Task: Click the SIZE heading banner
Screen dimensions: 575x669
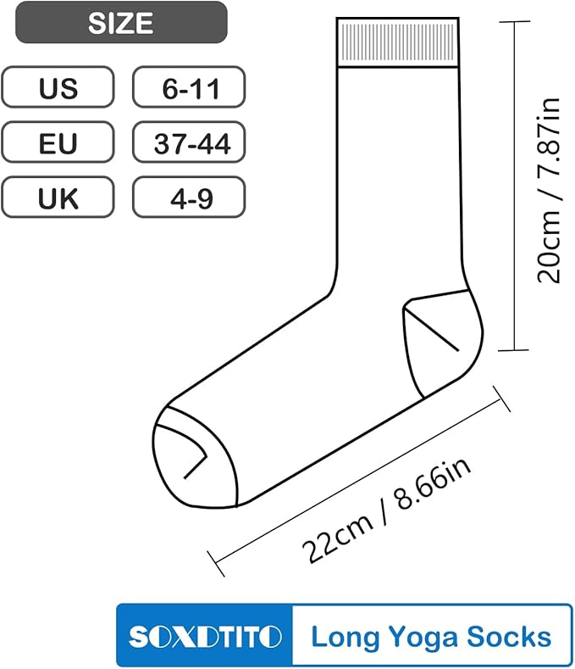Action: (121, 22)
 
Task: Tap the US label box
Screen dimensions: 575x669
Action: (58, 86)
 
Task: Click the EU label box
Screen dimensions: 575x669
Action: (58, 142)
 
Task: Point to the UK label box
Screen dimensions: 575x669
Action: (58, 197)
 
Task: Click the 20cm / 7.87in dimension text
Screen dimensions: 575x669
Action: (548, 190)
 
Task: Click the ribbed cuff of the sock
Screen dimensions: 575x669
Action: (397, 42)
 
